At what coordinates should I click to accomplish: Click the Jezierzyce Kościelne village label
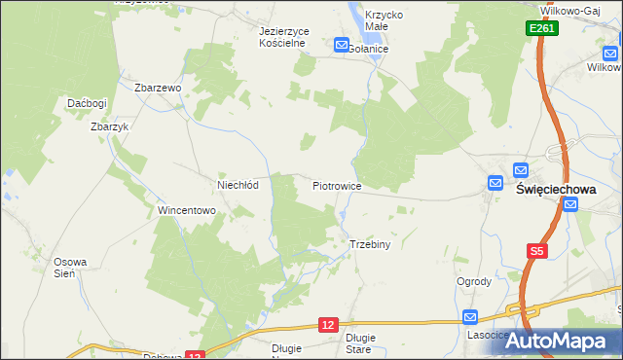(284, 36)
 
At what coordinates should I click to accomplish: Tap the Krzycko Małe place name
(384, 21)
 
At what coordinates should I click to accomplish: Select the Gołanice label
(369, 48)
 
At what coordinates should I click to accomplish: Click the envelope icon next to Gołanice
(342, 45)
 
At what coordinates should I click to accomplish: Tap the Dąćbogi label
(86, 103)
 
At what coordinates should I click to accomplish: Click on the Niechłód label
(237, 184)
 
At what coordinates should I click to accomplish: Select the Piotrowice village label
(337, 184)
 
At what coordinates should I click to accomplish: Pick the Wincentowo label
(186, 210)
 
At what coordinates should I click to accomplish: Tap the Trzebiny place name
(370, 244)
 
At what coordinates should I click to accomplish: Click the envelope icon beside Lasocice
(470, 316)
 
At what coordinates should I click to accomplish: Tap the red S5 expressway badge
(536, 252)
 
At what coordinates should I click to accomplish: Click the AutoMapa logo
(558, 341)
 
